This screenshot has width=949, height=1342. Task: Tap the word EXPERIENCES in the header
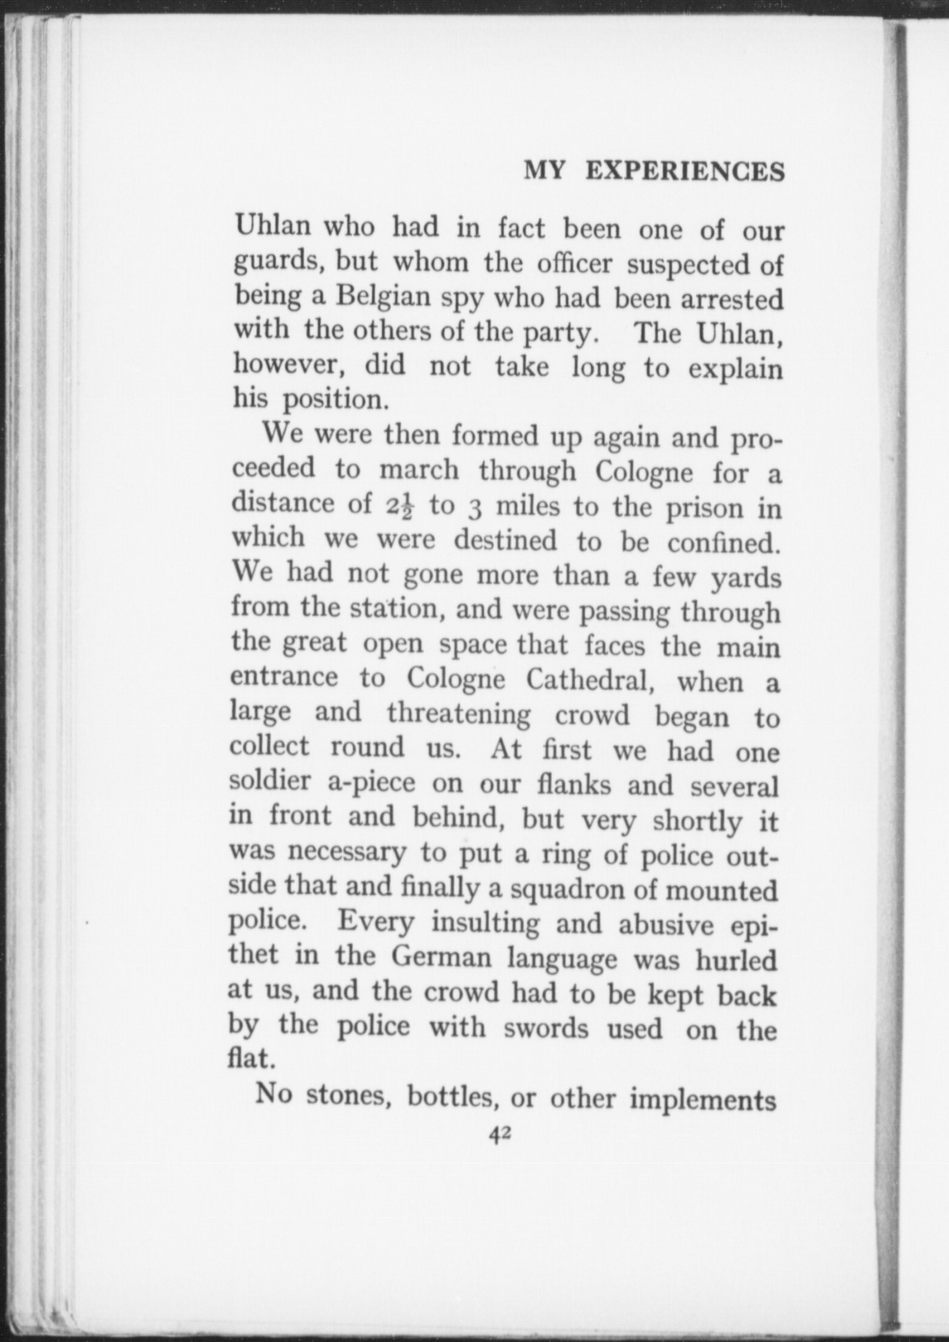pos(684,171)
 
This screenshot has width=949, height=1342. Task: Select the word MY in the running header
pos(544,170)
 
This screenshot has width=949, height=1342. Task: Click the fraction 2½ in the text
pos(399,507)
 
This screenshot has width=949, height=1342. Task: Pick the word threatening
pos(458,714)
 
